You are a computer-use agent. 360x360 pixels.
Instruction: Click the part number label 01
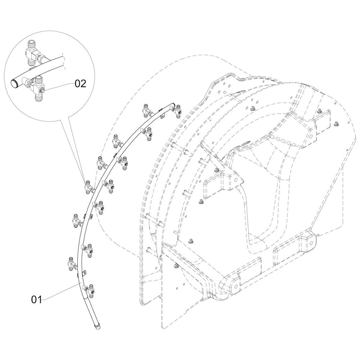(x=36, y=299)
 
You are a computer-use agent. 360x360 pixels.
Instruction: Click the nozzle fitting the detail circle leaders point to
(x=87, y=187)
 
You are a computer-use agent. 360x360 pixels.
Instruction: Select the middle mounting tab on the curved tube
(x=90, y=217)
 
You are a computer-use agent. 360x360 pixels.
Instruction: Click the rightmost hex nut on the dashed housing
(x=336, y=125)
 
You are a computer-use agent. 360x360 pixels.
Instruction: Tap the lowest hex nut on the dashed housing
(x=176, y=266)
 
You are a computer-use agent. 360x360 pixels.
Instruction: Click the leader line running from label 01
(x=61, y=291)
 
